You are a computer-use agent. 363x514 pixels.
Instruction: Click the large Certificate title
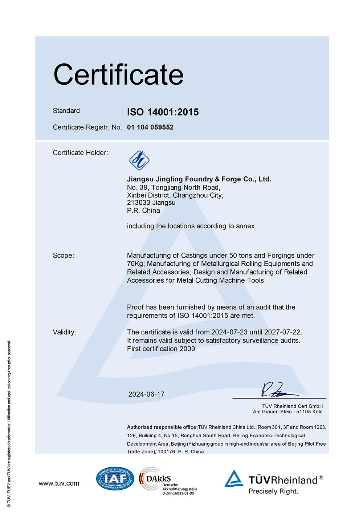tap(118, 75)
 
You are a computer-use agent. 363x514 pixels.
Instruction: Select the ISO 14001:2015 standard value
tap(163, 112)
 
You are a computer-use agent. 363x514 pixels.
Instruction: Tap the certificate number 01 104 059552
tap(150, 127)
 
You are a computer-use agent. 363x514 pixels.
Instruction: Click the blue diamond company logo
tap(139, 160)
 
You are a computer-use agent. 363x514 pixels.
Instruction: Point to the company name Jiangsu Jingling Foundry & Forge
tap(199, 179)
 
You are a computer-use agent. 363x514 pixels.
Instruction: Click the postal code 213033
tap(138, 202)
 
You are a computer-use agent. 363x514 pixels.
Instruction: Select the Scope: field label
tap(63, 256)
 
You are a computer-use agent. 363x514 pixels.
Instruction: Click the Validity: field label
tap(64, 332)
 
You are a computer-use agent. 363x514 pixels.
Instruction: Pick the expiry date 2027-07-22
tap(283, 332)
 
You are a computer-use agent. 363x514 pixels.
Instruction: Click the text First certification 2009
tap(161, 349)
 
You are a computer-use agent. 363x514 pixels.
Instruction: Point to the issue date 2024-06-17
tap(146, 394)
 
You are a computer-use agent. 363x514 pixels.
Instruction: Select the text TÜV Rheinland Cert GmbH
tap(292, 406)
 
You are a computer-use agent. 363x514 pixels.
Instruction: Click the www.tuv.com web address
tap(59, 483)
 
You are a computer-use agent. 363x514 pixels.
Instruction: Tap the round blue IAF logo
tap(115, 479)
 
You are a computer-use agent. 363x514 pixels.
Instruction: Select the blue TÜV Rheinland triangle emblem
tap(234, 479)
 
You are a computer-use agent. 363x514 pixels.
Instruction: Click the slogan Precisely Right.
tap(273, 491)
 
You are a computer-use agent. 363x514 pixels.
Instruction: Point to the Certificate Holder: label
tap(81, 153)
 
